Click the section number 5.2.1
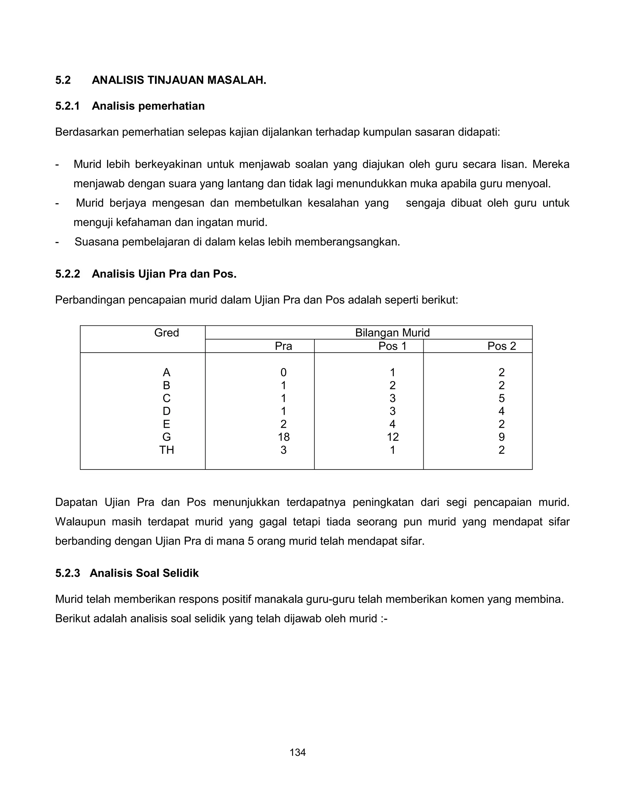coord(67,106)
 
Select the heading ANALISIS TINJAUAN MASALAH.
coord(179,80)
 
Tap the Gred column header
coord(166,333)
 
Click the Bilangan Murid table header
coord(392,333)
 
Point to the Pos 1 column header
coord(392,346)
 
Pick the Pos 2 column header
coord(501,346)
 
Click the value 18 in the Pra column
coord(284,437)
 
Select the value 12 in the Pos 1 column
coord(392,437)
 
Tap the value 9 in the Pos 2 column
coord(501,437)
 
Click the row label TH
coord(166,450)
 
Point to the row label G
coord(166,437)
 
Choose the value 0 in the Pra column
coord(284,372)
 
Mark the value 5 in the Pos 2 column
coord(501,398)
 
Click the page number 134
coord(297,752)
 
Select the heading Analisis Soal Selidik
coord(144,573)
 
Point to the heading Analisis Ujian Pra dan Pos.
coord(164,274)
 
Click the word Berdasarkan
coord(87,132)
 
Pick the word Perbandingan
coord(90,300)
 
